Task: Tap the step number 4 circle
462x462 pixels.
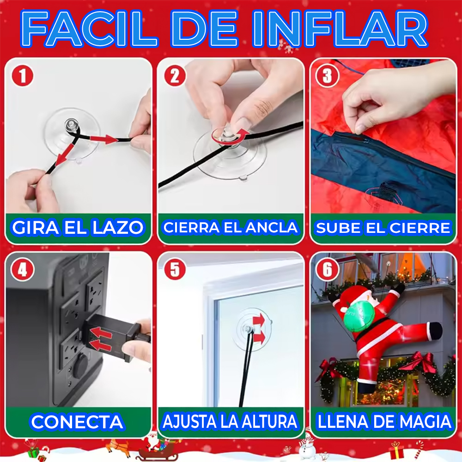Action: (22, 270)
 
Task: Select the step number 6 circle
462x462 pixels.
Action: (327, 270)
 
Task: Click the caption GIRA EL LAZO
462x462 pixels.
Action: (78, 227)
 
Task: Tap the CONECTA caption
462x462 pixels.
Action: (77, 421)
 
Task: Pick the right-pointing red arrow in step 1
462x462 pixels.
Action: (106, 139)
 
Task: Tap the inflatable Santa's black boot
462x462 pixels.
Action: (435, 330)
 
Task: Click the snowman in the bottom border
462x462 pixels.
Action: (306, 447)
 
